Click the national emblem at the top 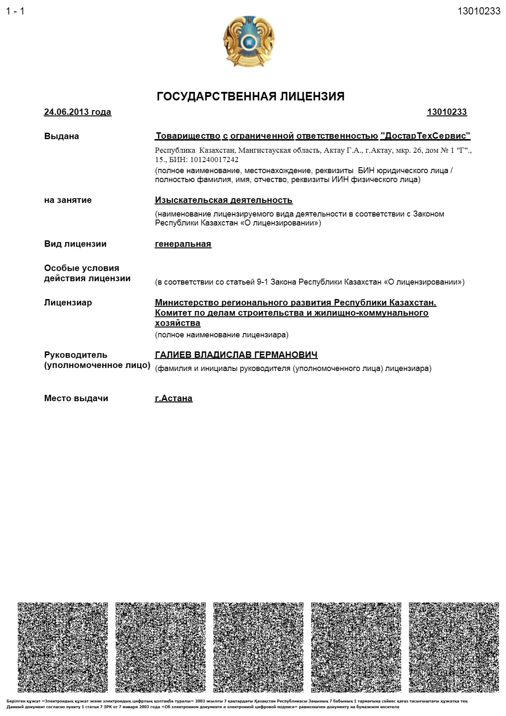click(249, 41)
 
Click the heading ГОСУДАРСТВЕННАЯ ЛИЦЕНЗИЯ click(250, 97)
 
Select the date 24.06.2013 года click(77, 112)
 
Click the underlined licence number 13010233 click(446, 112)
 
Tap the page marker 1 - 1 click(15, 11)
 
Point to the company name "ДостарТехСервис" click(425, 136)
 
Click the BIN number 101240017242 click(214, 160)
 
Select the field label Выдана click(62, 137)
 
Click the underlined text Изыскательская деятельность click(224, 200)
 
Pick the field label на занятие click(68, 200)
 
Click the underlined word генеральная click(183, 244)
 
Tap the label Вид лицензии click(75, 244)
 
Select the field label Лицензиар click(68, 302)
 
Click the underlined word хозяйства click(177, 323)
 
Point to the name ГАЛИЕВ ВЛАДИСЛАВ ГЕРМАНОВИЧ click(236, 355)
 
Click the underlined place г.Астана click(173, 398)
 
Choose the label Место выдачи click(76, 398)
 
